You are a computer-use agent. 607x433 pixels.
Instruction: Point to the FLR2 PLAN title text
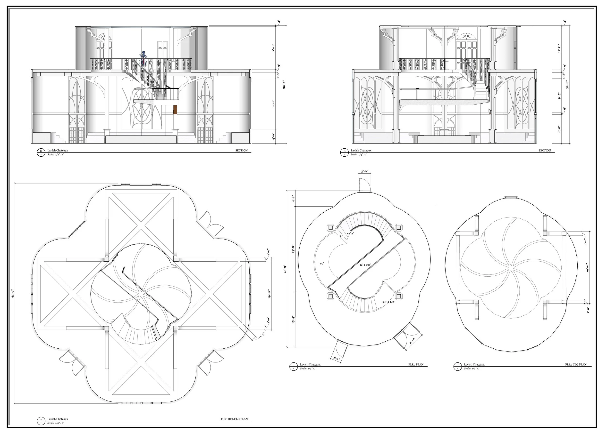[416, 364]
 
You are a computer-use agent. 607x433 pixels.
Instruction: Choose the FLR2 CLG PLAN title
[576, 364]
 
